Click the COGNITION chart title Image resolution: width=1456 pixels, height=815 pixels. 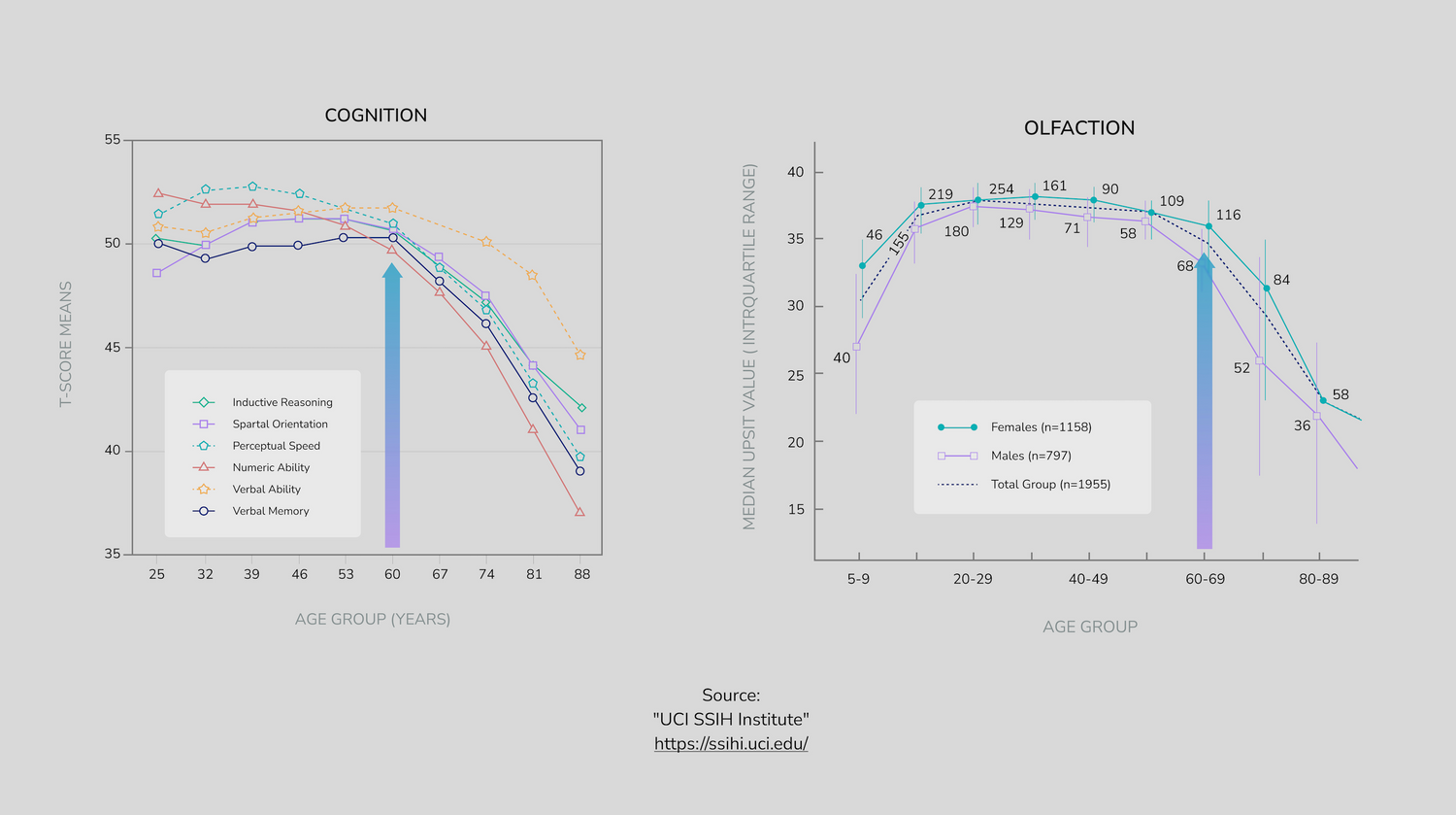(x=376, y=116)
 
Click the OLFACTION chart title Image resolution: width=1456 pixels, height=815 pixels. (x=1078, y=128)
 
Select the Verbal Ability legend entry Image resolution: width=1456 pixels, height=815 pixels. (x=266, y=490)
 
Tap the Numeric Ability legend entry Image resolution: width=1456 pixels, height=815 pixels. (x=271, y=467)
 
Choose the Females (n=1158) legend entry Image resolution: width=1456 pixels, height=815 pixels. (x=1041, y=427)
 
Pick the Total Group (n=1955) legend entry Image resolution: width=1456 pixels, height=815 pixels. (x=1050, y=484)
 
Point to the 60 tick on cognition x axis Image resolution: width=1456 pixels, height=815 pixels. (x=392, y=574)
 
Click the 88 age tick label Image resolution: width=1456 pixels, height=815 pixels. (x=580, y=574)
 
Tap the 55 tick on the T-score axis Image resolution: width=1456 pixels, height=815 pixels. (x=113, y=140)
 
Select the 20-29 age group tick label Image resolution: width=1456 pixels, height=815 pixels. (x=973, y=579)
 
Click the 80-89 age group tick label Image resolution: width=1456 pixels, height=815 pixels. (x=1318, y=579)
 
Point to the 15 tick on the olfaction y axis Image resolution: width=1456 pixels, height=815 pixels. (x=796, y=509)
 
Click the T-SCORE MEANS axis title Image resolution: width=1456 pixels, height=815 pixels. (x=66, y=344)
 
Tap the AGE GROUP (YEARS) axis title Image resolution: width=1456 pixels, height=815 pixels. (x=373, y=619)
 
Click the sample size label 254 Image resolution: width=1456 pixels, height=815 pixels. (x=1001, y=189)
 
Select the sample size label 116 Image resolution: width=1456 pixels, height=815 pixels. (x=1228, y=215)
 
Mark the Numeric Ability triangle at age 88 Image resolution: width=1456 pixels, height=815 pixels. (x=579, y=512)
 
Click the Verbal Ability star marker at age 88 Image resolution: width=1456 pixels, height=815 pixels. (x=580, y=355)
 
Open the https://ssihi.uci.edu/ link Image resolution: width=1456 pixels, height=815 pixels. (x=731, y=744)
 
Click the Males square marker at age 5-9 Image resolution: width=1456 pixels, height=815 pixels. (x=856, y=347)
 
